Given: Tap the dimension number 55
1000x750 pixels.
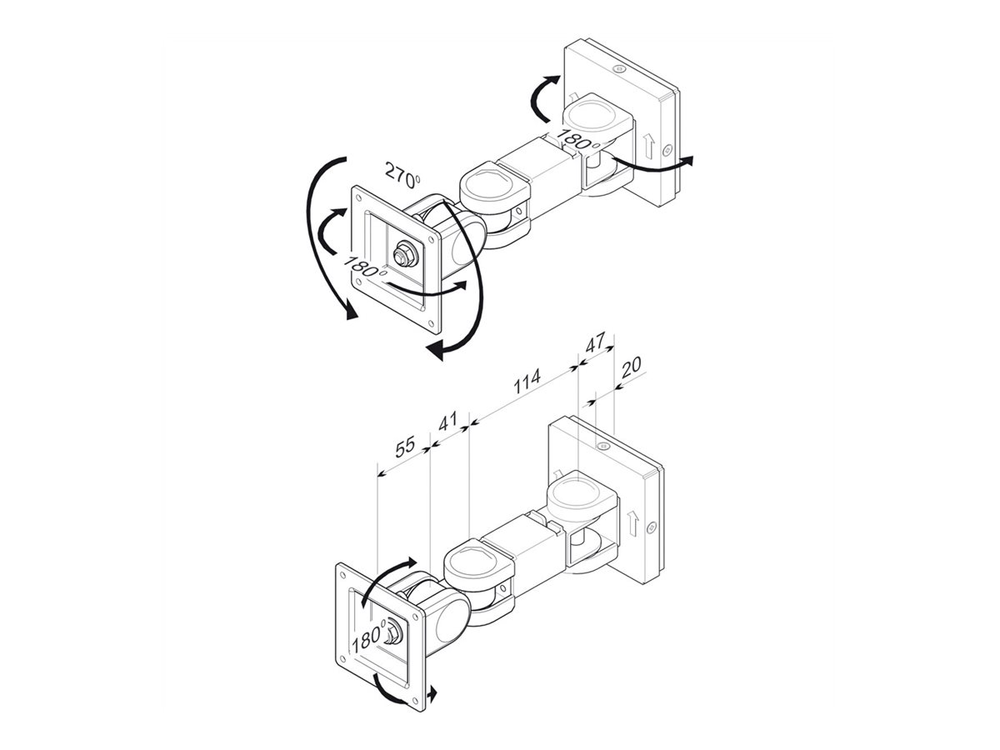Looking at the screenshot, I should (x=405, y=447).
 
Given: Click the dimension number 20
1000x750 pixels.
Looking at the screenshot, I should (x=632, y=367).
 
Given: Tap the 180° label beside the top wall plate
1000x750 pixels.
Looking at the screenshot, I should (x=580, y=140).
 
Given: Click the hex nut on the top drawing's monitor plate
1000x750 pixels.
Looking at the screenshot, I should (x=407, y=252).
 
